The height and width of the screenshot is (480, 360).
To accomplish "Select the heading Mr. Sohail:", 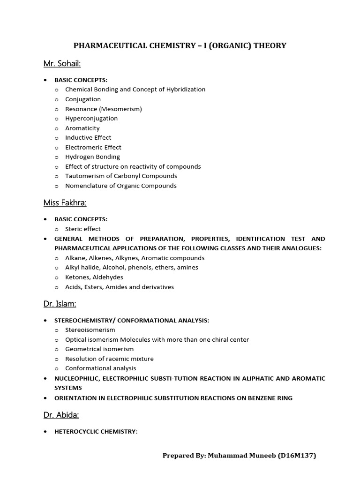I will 62,63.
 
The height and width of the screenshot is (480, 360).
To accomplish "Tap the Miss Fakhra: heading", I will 65,202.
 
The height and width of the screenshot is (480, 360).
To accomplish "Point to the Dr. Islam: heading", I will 60,304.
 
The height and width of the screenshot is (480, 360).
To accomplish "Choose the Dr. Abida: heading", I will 61,415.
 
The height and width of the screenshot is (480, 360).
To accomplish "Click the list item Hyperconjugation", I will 91,119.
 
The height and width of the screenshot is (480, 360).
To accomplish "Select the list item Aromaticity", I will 82,128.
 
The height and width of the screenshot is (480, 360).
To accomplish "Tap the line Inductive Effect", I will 88,138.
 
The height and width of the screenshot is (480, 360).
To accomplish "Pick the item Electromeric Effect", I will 93,147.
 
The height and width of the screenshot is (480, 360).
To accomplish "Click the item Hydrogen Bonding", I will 92,157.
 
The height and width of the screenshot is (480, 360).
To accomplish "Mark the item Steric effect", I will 83,229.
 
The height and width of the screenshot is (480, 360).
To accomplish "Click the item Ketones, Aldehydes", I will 94,277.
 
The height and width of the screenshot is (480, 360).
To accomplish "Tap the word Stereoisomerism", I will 90,330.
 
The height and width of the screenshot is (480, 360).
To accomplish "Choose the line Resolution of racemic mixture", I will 109,359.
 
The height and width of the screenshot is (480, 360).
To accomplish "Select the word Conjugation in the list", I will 83,99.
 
